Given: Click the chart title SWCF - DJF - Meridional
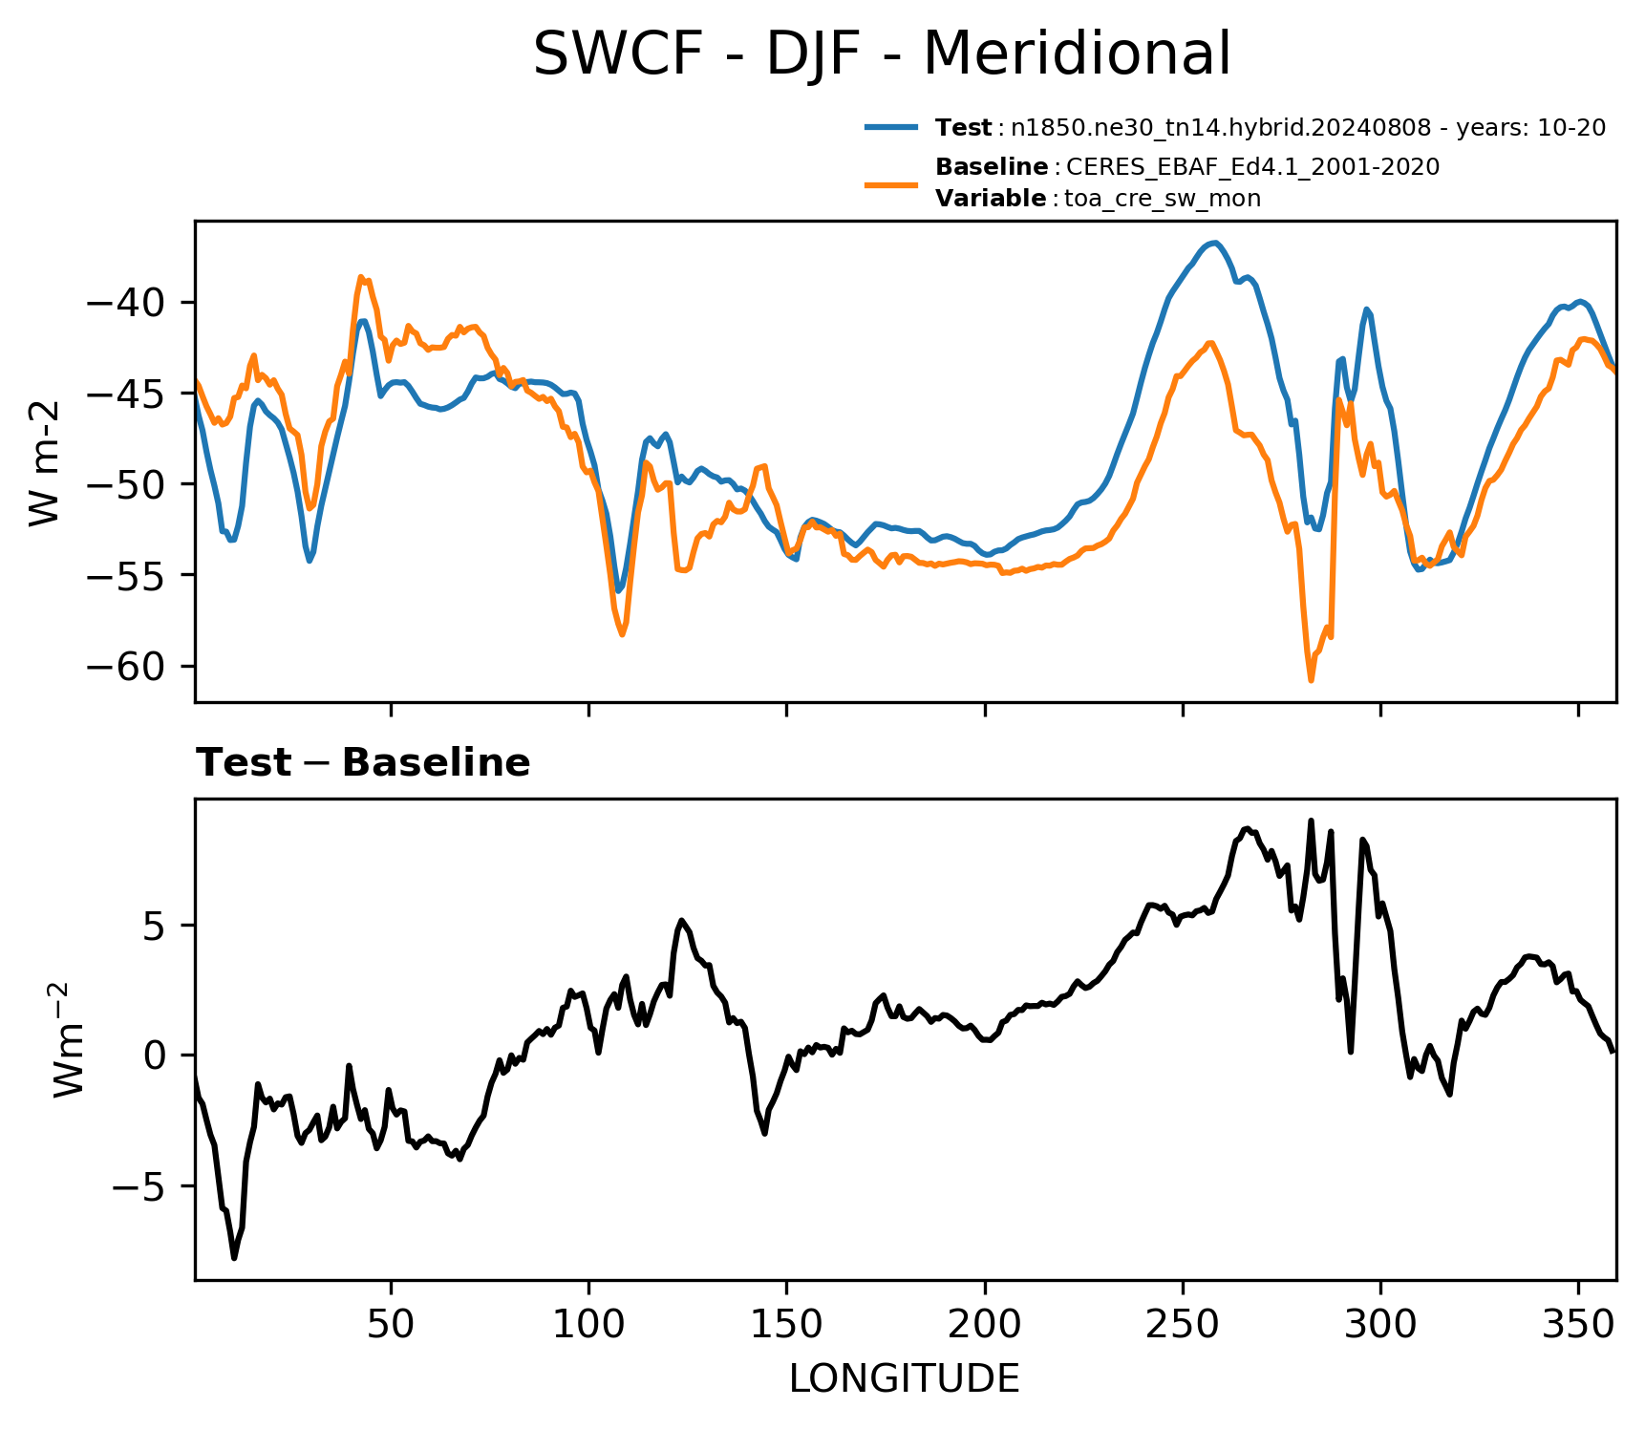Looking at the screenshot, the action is pyautogui.click(x=881, y=53).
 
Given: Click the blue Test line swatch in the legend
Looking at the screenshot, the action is pyautogui.click(x=892, y=127).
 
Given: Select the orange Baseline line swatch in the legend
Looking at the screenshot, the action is pyautogui.click(x=892, y=183).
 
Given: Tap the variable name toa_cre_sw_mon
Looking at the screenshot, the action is pyautogui.click(x=1163, y=199).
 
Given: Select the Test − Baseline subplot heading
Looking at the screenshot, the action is pyautogui.click(x=363, y=763).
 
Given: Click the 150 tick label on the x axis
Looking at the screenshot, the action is pyautogui.click(x=786, y=1323).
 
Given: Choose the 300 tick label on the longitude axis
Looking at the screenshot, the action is pyautogui.click(x=1380, y=1323).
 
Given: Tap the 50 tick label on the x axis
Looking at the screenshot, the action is pyautogui.click(x=391, y=1323).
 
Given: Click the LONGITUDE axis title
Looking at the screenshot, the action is pyautogui.click(x=905, y=1379).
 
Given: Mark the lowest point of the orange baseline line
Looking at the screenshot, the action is pyautogui.click(x=1311, y=680).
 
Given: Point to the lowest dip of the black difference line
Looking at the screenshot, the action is pyautogui.click(x=234, y=1258).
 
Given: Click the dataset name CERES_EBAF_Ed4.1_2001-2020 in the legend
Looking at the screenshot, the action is pyautogui.click(x=1252, y=167).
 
